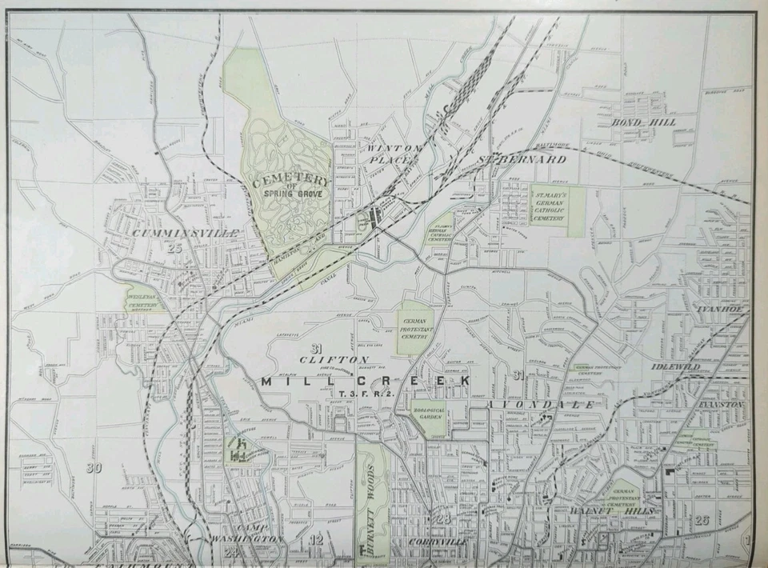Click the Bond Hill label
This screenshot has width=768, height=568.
click(x=644, y=122)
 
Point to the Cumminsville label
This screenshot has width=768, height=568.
click(x=174, y=233)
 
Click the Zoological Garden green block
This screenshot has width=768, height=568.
click(x=427, y=417)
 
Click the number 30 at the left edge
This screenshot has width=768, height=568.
click(x=94, y=468)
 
